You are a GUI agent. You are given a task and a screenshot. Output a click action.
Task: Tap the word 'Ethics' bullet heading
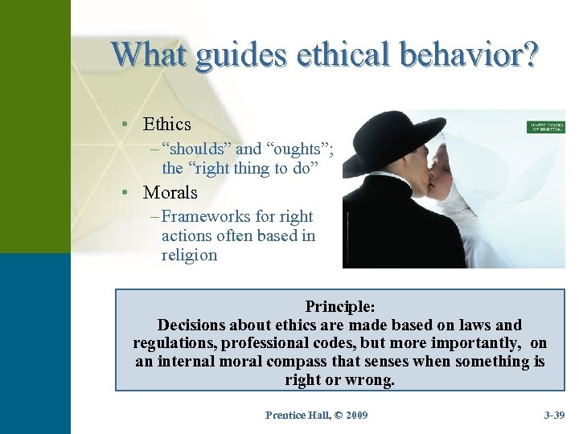[x=166, y=124]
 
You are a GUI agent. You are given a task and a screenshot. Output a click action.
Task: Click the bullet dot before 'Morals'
[x=127, y=193]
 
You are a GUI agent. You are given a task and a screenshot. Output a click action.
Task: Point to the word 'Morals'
[x=170, y=193]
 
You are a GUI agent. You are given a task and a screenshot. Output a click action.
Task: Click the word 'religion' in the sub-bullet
[x=189, y=255]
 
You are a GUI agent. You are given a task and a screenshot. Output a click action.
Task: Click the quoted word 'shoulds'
[x=196, y=149]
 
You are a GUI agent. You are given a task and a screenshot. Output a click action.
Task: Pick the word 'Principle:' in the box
[x=340, y=306]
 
